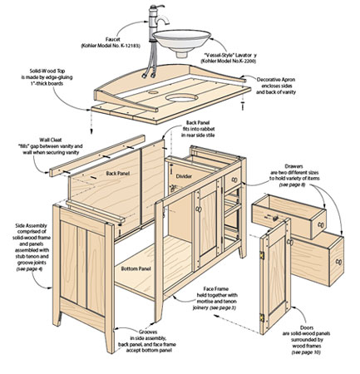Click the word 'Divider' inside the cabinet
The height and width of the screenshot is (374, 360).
[185, 177]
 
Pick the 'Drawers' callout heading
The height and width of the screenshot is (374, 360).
[312, 165]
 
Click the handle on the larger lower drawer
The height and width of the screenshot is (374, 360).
[338, 260]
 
